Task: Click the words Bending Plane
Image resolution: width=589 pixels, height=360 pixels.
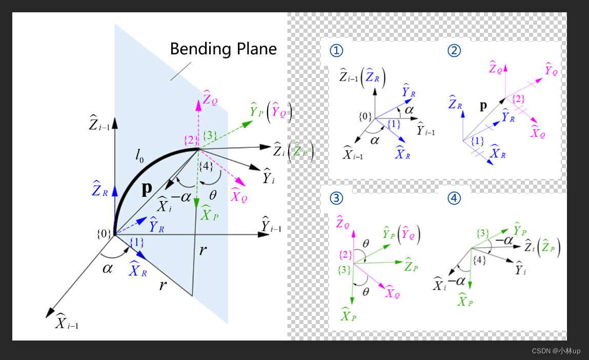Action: click(x=223, y=49)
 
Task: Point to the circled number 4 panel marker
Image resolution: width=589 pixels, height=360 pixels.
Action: click(x=454, y=197)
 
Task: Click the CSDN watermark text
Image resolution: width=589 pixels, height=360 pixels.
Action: click(x=556, y=351)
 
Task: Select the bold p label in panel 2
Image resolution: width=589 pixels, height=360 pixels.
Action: click(x=483, y=106)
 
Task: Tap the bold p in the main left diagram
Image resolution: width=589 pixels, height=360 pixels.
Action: click(x=147, y=189)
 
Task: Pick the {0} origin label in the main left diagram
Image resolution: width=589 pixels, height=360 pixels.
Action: click(x=104, y=234)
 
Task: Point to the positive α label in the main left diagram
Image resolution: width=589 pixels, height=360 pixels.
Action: click(x=108, y=268)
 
